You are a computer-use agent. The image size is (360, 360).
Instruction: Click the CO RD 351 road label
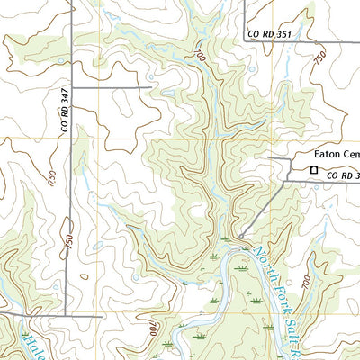pyautogui.click(x=271, y=35)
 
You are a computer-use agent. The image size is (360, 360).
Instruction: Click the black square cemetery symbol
pyautogui.click(x=313, y=169)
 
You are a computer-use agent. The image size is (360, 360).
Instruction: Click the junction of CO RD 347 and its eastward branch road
pyautogui.click(x=72, y=87)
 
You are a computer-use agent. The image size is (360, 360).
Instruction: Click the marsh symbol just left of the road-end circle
pyautogui.click(x=214, y=256)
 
